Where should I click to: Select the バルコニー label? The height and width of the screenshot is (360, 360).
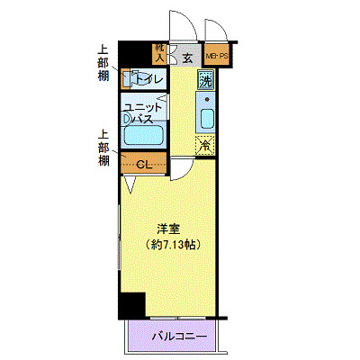point(178,337)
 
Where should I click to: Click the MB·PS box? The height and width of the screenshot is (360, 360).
point(217,56)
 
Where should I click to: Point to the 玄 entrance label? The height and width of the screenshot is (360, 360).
point(187,57)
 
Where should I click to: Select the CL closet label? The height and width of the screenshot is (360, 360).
point(145,163)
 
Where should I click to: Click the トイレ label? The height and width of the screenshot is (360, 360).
point(150,80)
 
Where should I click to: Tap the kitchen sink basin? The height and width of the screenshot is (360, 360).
point(205,119)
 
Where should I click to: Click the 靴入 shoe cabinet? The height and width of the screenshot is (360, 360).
point(160,53)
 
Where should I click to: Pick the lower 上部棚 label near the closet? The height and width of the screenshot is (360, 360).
point(104,148)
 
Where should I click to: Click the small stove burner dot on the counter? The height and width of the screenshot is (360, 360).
point(205,97)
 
